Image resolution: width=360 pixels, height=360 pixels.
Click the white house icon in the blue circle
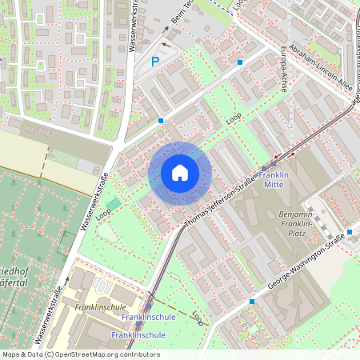point(180,173)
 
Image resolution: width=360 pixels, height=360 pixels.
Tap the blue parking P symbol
point(156,61)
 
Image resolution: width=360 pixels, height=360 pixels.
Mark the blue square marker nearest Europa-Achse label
point(239,62)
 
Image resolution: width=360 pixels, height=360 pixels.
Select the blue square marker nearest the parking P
point(161,120)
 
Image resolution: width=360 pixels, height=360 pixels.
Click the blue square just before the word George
point(252,302)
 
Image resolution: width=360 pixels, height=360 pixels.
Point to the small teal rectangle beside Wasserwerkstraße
point(114,204)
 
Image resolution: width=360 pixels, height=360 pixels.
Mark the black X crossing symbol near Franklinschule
point(151,294)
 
